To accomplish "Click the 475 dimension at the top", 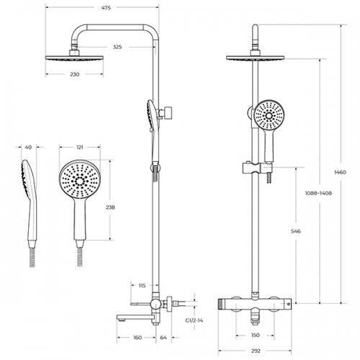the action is click(x=106, y=8).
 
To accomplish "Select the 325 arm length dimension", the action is click(x=117, y=47).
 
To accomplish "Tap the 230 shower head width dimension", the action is click(x=74, y=74).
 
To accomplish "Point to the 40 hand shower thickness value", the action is click(x=28, y=147).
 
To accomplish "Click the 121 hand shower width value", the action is click(x=80, y=147).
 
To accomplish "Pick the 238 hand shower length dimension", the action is click(x=110, y=207).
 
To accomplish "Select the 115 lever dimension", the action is click(x=142, y=286).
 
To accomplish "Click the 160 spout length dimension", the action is click(x=138, y=338).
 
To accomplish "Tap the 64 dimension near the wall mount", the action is click(x=163, y=338).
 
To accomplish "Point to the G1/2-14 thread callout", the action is click(x=194, y=320).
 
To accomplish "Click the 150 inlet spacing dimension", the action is click(x=255, y=335).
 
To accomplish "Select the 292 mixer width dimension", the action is click(x=256, y=351).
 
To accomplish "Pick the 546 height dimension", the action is click(x=296, y=231).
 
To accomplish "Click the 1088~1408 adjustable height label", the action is click(x=318, y=193).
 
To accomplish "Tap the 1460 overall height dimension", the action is click(x=341, y=172).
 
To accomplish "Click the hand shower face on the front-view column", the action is click(x=269, y=115).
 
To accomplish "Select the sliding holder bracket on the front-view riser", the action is click(x=251, y=168).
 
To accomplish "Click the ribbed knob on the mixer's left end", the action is click(x=221, y=305).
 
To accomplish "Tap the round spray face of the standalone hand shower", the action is click(x=80, y=179).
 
